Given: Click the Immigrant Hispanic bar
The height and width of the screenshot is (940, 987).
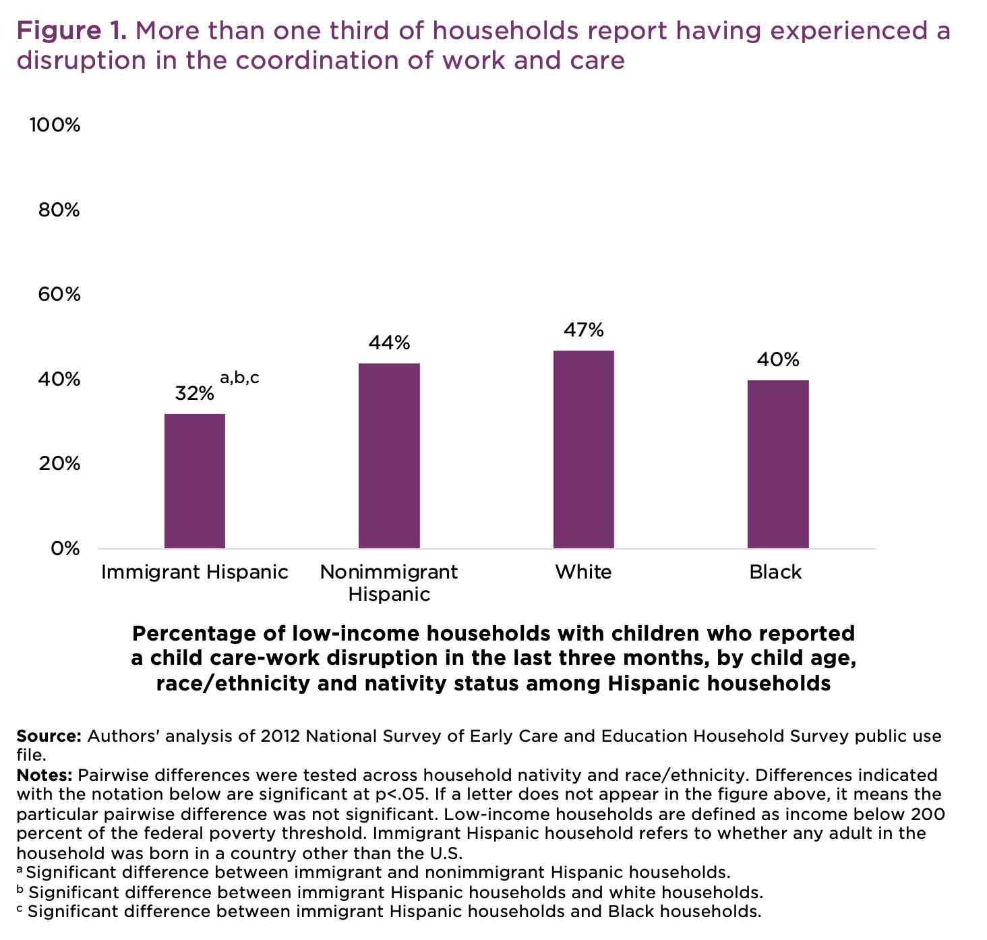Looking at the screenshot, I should tap(195, 481).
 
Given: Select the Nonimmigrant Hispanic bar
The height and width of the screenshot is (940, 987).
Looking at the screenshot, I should tap(389, 456).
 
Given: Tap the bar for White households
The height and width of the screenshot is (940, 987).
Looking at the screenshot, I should tap(583, 449).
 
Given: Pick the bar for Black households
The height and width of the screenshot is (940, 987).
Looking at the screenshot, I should tap(778, 464).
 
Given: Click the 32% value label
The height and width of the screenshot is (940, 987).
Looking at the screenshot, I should tap(194, 394).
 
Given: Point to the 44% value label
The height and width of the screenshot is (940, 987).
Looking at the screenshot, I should tap(389, 343).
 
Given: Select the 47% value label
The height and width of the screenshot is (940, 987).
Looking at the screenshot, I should tap(583, 330).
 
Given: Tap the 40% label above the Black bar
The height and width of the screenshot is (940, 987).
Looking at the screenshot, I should tap(778, 359).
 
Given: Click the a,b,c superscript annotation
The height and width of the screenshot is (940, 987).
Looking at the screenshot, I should tap(239, 378).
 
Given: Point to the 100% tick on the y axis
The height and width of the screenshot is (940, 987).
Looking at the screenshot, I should tap(54, 125).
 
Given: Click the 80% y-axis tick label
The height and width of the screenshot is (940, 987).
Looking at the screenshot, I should tap(59, 210).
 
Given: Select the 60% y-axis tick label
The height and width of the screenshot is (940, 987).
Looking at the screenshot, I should tap(59, 295).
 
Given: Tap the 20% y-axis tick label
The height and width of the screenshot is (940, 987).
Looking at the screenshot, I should tap(59, 464).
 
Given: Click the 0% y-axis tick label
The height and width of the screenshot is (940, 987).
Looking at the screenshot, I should tap(65, 548).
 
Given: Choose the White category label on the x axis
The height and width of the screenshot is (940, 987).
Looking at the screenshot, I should tap(583, 572).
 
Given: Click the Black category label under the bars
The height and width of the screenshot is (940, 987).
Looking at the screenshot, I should tap(775, 572).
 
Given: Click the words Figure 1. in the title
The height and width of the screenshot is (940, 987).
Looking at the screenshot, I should tap(71, 30).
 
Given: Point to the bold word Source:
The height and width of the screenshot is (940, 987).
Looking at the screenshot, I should tap(49, 736).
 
